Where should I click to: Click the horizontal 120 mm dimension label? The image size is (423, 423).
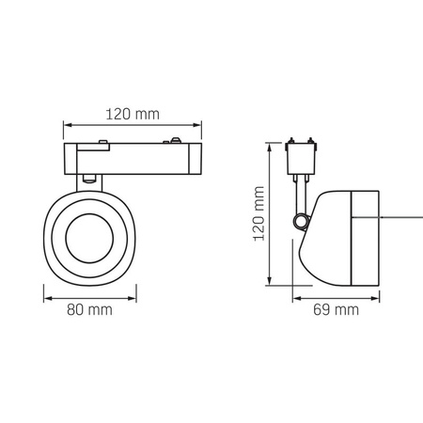[132, 114]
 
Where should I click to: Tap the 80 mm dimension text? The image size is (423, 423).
[93, 309]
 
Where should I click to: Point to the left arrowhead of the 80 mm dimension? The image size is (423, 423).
[45, 291]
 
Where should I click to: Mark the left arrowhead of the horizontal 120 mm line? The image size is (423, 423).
[65, 126]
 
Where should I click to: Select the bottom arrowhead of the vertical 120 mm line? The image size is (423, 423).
[272, 283]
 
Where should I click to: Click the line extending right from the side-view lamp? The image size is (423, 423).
[395, 218]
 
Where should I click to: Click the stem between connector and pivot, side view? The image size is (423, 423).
[301, 195]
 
